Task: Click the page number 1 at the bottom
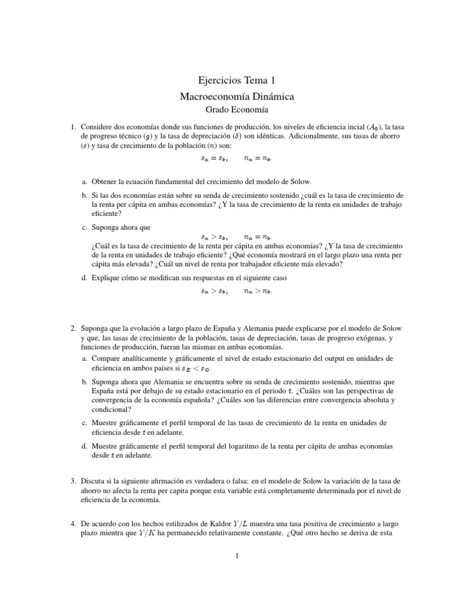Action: [x=237, y=556]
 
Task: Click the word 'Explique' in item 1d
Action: [x=106, y=278]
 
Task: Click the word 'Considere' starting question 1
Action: [x=96, y=127]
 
